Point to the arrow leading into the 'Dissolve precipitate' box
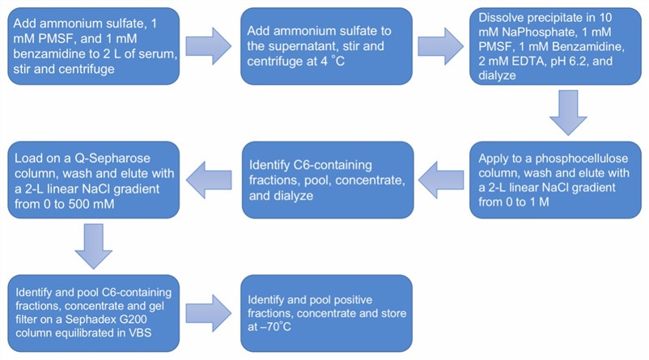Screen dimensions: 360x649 point(441,47)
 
